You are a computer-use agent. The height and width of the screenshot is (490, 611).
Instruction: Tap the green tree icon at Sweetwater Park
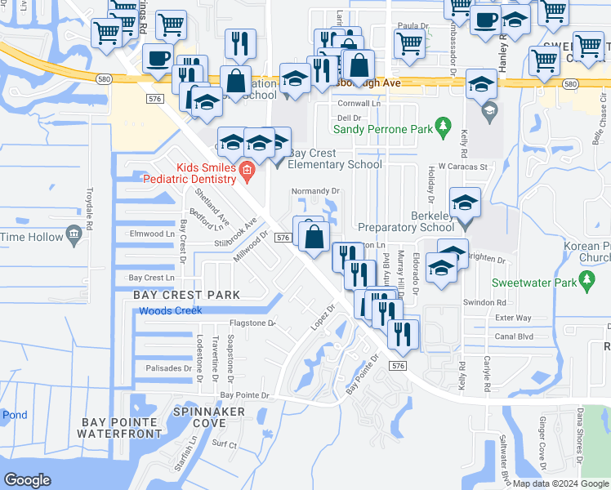pos(587,282)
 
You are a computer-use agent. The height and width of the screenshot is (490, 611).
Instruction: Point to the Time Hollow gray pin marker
pos(74,237)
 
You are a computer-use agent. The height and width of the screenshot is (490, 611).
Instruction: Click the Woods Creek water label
pos(170,311)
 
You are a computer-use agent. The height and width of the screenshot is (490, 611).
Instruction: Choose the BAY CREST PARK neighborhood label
pos(181,294)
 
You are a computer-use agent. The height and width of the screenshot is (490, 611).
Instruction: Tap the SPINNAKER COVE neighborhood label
pos(210,417)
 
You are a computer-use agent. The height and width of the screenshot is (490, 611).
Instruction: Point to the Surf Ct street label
pos(224,445)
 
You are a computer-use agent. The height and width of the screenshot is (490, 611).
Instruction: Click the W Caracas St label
pos(462,167)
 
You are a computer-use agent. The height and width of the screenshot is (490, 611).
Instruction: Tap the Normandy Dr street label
pos(315,191)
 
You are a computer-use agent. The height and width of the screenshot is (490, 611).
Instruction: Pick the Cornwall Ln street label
pos(360,105)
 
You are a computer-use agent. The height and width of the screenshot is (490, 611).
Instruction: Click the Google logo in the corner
pos(27,480)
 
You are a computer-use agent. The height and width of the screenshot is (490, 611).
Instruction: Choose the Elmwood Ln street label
pos(152,234)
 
